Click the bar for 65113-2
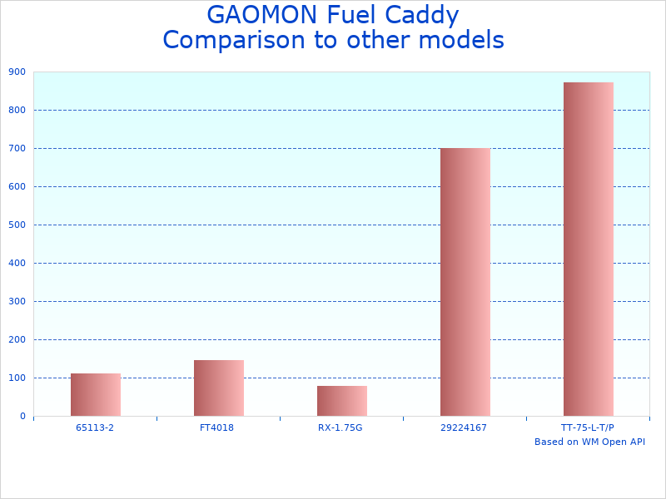(x=95, y=395)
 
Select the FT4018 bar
(x=218, y=388)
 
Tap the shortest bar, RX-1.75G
(x=341, y=401)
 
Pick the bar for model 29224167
(x=465, y=283)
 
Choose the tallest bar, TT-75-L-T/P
(x=588, y=249)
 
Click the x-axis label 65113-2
(x=95, y=427)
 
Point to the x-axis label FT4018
(x=218, y=427)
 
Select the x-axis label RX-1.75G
(x=341, y=427)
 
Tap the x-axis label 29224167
(x=465, y=427)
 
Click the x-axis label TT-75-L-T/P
(x=588, y=427)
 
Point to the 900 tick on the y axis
(x=17, y=72)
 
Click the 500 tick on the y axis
(x=17, y=225)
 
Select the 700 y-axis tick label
(x=17, y=149)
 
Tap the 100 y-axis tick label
(x=17, y=378)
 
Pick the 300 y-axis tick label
(x=17, y=302)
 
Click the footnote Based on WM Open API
(x=589, y=442)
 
